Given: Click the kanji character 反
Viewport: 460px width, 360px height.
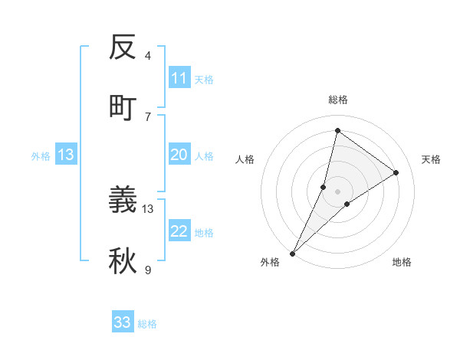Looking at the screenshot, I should tap(123, 48).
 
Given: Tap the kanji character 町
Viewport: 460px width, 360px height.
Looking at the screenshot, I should tap(123, 107).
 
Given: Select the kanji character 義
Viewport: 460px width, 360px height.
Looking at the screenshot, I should tap(123, 200).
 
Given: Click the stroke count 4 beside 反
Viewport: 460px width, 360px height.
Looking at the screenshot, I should tap(148, 56).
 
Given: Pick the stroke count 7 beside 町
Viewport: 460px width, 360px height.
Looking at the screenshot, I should tap(148, 116).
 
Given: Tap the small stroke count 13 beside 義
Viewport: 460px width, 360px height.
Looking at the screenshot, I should tap(149, 208).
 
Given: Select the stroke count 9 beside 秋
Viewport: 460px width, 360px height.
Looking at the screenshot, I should tap(148, 270).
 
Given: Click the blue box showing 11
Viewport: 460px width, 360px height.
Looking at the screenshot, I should tap(179, 78).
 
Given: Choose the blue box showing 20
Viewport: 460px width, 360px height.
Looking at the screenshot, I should tap(179, 155).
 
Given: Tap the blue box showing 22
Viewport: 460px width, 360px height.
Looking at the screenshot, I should tap(179, 231).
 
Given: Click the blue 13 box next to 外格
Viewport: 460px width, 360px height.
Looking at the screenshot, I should tap(66, 155).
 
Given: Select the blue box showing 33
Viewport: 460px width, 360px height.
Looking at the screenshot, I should tap(123, 322).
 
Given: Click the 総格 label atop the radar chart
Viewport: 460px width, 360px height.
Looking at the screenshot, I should tap(337, 100).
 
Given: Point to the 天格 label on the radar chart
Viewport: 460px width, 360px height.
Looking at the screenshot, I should tap(431, 159).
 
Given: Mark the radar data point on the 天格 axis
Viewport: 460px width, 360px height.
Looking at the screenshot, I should tap(396, 173).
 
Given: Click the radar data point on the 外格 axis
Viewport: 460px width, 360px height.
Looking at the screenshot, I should tap(292, 253).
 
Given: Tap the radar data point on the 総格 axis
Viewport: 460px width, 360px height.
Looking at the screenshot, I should tap(337, 130).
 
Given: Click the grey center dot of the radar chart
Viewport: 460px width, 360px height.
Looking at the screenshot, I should tap(337, 181).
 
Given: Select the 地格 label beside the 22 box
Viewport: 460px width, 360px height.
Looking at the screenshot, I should tap(204, 232).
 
